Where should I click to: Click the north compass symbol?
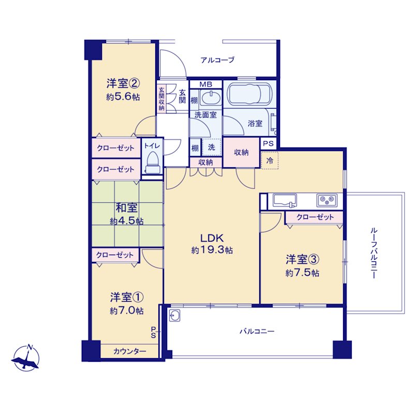25,358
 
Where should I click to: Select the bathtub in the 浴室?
250,94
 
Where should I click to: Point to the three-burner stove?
327,201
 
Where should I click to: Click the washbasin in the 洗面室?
211,98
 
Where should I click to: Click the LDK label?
212,239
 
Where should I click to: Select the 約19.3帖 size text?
212,250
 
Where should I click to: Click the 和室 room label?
126,208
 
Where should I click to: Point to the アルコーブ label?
217,60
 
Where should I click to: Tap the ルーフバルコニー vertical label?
374,253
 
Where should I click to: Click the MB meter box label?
205,84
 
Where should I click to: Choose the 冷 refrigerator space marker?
270,160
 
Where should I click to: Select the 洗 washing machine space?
212,147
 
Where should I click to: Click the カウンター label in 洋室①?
130,351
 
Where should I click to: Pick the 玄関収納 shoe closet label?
161,98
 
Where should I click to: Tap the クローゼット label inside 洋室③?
315,217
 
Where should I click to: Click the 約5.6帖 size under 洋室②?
123,97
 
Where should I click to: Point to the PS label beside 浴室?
268,144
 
